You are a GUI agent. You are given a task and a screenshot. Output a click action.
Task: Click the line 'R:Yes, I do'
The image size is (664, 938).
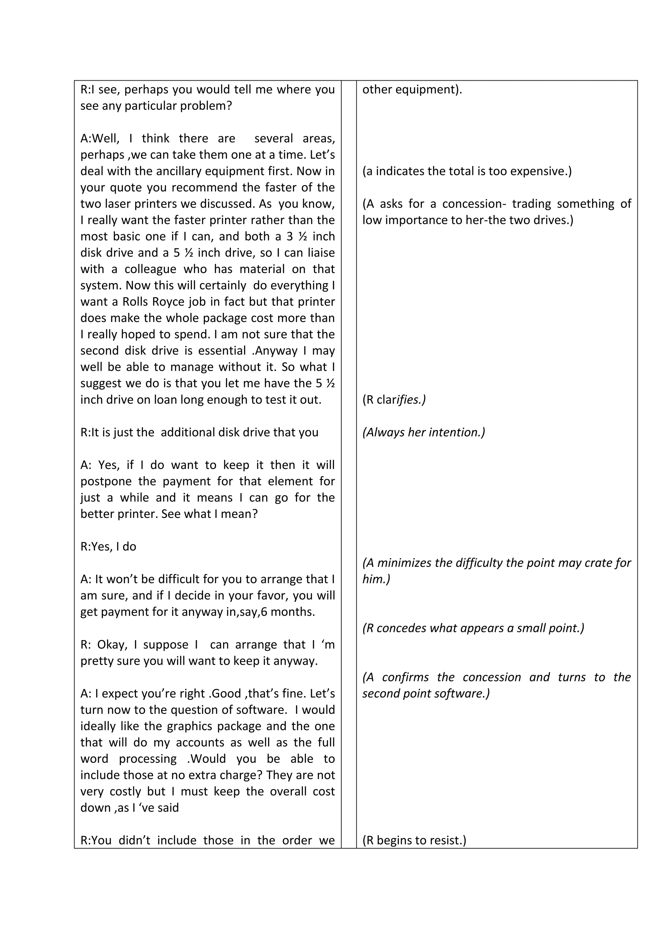[x=108, y=547]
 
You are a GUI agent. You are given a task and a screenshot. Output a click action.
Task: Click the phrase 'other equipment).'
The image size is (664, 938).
[x=412, y=89]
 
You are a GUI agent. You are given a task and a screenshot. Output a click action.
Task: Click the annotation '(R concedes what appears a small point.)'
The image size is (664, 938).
[x=473, y=628]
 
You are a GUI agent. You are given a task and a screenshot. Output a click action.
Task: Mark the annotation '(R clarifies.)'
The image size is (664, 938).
[x=394, y=400]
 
